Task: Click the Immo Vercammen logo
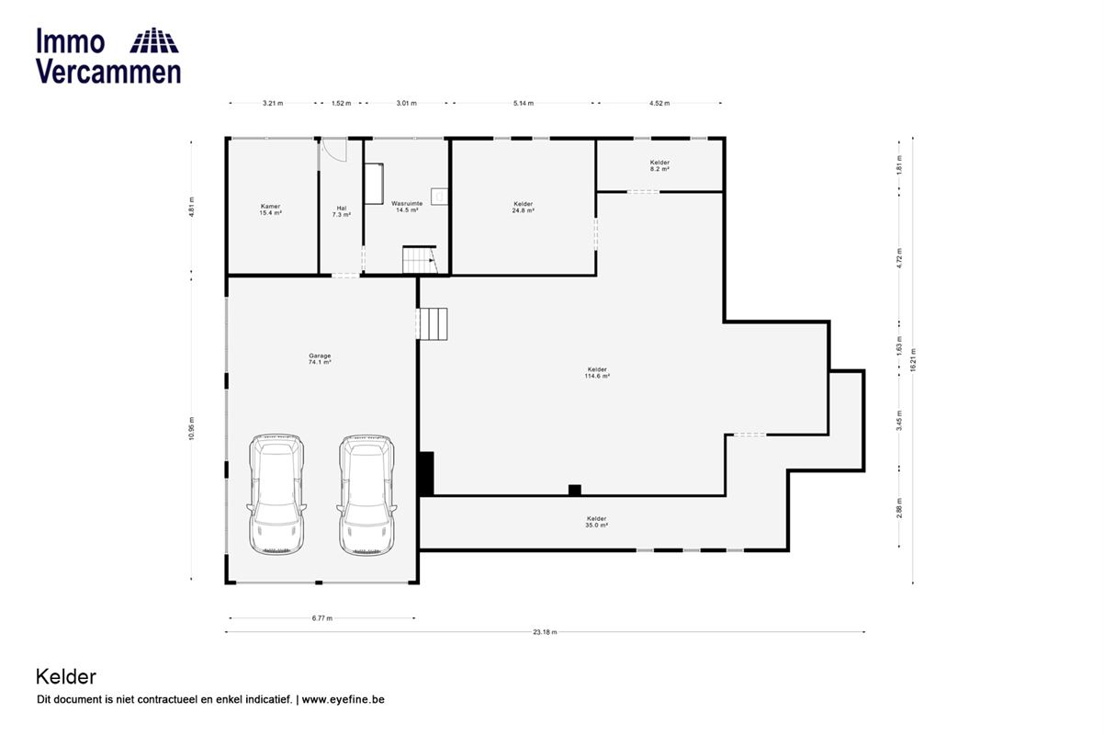pos(108,55)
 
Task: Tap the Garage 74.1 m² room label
pos(320,359)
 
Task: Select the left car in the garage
pos(276,494)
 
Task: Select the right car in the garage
pos(366,494)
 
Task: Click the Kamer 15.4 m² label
pos(271,209)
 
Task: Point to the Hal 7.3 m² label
pos(342,211)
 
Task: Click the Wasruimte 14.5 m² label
pos(407,207)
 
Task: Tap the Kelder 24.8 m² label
pos(524,207)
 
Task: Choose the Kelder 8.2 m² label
pos(660,165)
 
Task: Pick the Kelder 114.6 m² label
pos(597,373)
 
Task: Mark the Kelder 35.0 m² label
pos(597,522)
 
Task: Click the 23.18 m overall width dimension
pos(545,632)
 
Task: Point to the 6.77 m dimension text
pos(322,618)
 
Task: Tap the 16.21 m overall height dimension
pos(913,360)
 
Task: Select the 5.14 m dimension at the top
pos(524,104)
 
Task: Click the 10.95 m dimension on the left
pos(192,428)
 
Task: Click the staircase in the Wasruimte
pos(420,260)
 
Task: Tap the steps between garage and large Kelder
pos(433,324)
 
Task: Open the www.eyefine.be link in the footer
pos(343,699)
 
